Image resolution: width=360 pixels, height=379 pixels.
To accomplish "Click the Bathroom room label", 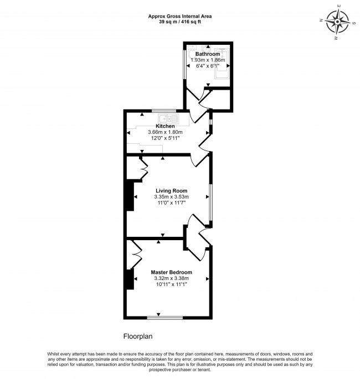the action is click(208, 54).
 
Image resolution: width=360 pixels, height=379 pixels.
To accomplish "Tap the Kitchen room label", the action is click(165, 126).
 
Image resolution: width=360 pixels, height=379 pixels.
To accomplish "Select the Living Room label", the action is click(171, 191).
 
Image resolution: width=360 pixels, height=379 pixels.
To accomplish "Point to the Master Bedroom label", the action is click(172, 272).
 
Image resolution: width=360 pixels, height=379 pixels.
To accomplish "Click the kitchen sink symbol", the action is click(168, 119).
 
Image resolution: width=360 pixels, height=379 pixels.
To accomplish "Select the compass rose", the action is click(337, 22).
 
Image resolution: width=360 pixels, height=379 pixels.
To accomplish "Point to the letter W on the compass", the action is click(336, 38).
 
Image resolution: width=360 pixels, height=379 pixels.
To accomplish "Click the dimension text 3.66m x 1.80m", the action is click(165, 132).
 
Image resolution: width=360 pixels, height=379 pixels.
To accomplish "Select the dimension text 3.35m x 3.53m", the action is click(172, 197).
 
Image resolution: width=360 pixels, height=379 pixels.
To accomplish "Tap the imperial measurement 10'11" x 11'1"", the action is click(172, 284).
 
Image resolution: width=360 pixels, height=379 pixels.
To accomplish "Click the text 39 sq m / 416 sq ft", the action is click(180, 22).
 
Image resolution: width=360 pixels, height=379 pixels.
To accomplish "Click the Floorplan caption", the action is click(138, 336).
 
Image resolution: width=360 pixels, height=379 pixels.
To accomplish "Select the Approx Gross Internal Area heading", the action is click(180, 17).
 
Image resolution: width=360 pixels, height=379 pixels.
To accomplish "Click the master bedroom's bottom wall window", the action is click(164, 318).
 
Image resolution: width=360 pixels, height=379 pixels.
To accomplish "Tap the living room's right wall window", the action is click(210, 203).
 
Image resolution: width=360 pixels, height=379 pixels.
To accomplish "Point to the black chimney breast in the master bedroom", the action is click(130, 279).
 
